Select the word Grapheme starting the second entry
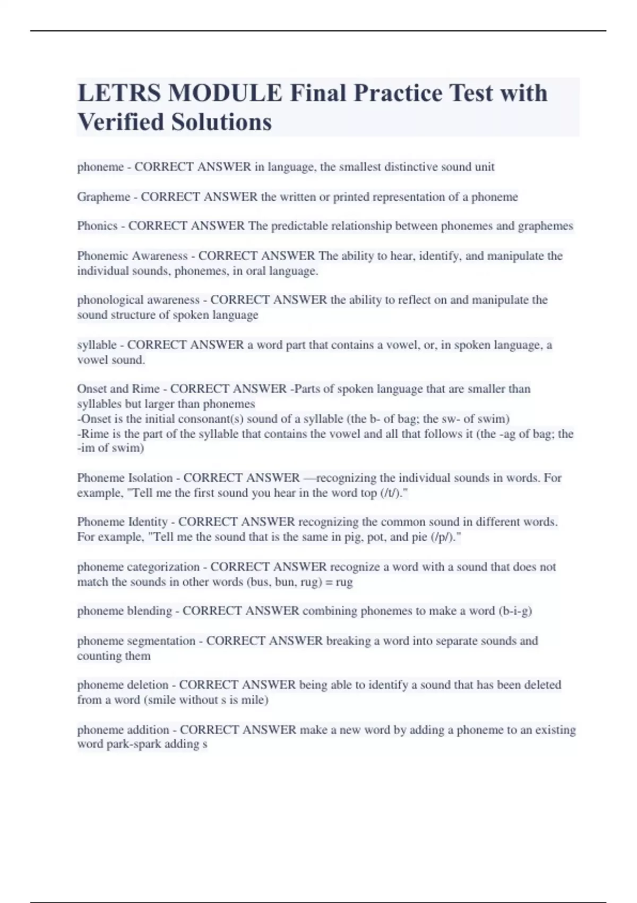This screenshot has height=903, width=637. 104,197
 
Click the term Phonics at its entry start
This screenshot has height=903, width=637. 97,226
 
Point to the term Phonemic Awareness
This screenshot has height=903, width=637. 132,256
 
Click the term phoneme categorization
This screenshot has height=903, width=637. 139,567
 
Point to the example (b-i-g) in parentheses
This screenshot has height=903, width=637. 515,611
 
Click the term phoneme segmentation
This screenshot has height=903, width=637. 136,641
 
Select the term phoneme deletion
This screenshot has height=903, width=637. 123,685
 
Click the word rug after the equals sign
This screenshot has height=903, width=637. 344,582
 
